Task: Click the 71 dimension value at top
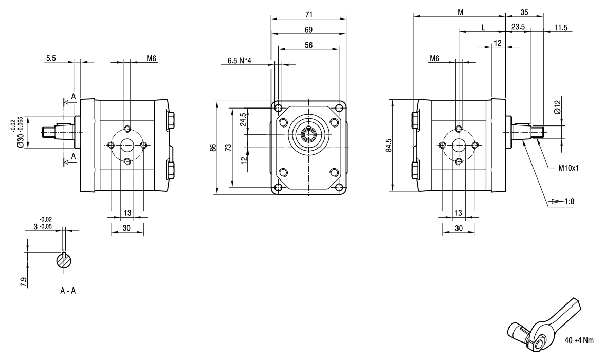(x=309, y=14)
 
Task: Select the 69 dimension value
(x=309, y=29)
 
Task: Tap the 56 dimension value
(x=309, y=45)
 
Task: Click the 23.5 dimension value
(x=518, y=27)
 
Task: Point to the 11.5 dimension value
(x=560, y=28)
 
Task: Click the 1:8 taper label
(x=569, y=201)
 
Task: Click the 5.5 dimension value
(x=51, y=58)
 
